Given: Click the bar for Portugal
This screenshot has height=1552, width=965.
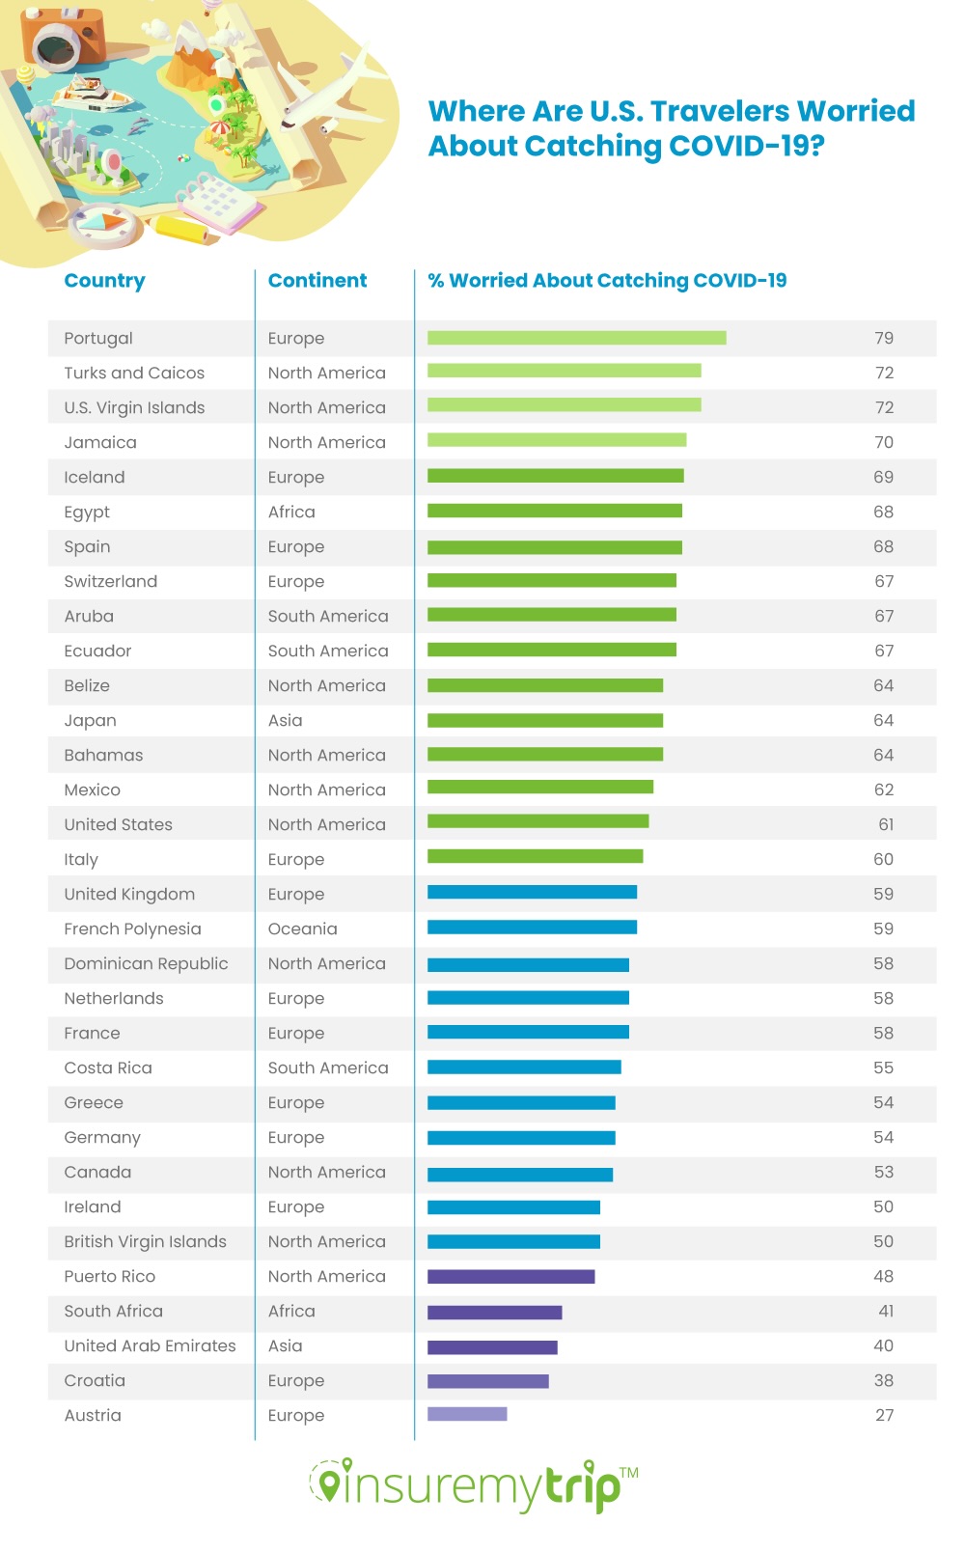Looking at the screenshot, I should pyautogui.click(x=576, y=338).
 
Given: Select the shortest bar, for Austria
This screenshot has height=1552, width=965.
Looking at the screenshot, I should pyautogui.click(x=467, y=1414).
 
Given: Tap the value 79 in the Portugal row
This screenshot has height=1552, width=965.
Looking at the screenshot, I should pyautogui.click(x=884, y=338).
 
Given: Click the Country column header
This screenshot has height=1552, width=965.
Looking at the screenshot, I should pyautogui.click(x=104, y=281).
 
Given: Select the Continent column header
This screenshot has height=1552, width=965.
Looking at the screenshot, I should pyautogui.click(x=317, y=281).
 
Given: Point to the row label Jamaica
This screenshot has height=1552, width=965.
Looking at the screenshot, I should pyautogui.click(x=100, y=442).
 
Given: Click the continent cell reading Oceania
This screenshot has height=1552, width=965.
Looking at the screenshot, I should pyautogui.click(x=302, y=928).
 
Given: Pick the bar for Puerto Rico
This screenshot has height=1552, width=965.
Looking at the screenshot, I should pyautogui.click(x=510, y=1276).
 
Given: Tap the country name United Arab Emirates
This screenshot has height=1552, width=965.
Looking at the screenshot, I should pyautogui.click(x=150, y=1345).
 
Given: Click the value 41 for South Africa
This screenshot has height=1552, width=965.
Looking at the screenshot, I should pyautogui.click(x=886, y=1311).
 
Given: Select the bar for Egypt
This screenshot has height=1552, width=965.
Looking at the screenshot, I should pyautogui.click(x=554, y=511).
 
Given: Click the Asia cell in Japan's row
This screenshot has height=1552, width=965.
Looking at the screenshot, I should pyautogui.click(x=285, y=720).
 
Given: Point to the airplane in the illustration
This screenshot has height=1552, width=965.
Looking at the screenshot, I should pyautogui.click(x=333, y=92).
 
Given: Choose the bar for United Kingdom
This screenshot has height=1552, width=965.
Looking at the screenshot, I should pyautogui.click(x=532, y=892).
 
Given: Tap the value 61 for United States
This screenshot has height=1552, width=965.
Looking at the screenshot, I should pyautogui.click(x=886, y=824).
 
